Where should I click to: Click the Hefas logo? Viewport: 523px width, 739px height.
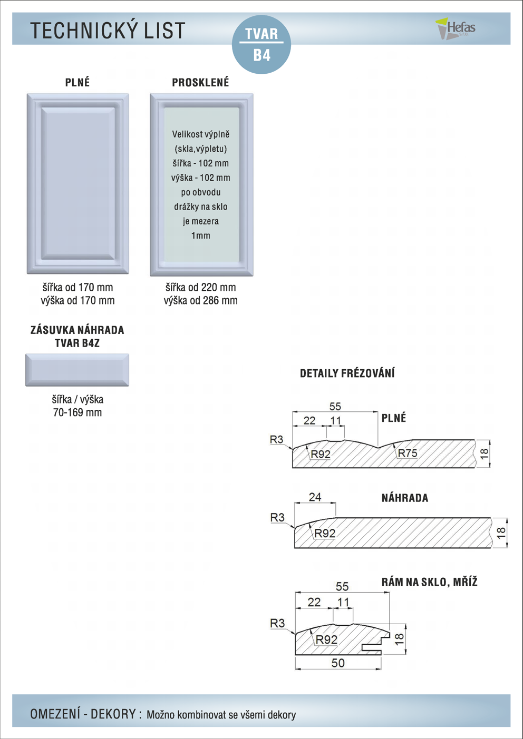pyautogui.click(x=456, y=28)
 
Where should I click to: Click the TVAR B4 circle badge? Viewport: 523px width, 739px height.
pyautogui.click(x=261, y=44)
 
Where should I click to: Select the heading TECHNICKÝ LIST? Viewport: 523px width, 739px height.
pyautogui.click(x=108, y=31)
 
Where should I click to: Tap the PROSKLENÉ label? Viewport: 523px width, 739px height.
pyautogui.click(x=200, y=83)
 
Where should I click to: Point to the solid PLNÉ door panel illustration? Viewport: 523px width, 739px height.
pyautogui.click(x=78, y=183)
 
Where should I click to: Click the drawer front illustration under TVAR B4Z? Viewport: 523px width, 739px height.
pyautogui.click(x=78, y=370)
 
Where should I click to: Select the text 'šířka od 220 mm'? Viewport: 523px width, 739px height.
pyautogui.click(x=200, y=288)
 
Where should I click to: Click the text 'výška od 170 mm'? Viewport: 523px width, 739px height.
pyautogui.click(x=78, y=301)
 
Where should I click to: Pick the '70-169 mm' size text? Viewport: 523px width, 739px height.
pyautogui.click(x=78, y=412)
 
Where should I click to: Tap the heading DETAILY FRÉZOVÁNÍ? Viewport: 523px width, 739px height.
pyautogui.click(x=347, y=373)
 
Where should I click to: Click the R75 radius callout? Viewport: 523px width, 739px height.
pyautogui.click(x=408, y=453)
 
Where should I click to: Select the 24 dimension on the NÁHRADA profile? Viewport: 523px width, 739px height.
pyautogui.click(x=315, y=497)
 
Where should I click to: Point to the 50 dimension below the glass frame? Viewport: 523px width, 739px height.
pyautogui.click(x=338, y=663)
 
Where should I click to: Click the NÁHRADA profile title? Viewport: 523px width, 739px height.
pyautogui.click(x=404, y=498)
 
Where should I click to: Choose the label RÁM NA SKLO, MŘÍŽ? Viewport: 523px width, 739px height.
pyautogui.click(x=429, y=582)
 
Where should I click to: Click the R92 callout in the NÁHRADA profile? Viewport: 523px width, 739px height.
pyautogui.click(x=325, y=533)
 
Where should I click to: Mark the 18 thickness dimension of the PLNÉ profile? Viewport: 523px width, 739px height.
pyautogui.click(x=485, y=454)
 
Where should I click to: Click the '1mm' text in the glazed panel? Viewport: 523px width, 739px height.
pyautogui.click(x=200, y=235)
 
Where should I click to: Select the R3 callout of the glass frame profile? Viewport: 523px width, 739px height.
pyautogui.click(x=277, y=623)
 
